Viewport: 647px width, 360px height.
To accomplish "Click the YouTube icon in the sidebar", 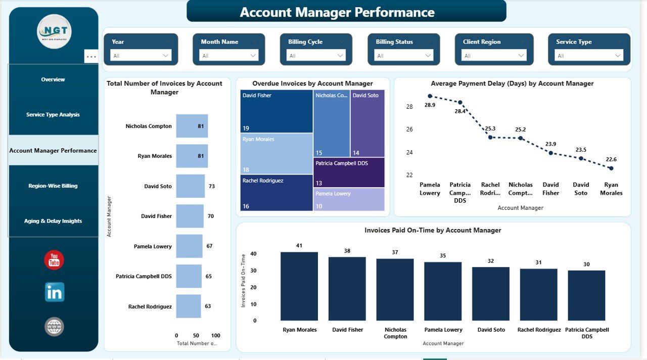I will (x=54, y=260).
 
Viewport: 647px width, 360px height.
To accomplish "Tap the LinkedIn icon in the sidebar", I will (x=54, y=292).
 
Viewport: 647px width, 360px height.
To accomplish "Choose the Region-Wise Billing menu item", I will (x=53, y=186).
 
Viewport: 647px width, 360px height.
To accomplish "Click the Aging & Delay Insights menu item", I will (x=53, y=221).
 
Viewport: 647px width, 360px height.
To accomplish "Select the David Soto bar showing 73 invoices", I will (x=190, y=186).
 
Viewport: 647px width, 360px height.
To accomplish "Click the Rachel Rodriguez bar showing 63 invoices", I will (x=188, y=306).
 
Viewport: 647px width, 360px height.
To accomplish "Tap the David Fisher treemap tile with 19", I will (x=276, y=111).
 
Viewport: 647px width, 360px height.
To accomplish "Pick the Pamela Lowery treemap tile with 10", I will (x=349, y=199).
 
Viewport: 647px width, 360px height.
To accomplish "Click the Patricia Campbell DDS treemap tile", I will (x=349, y=172).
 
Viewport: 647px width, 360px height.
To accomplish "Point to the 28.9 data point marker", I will (x=430, y=96).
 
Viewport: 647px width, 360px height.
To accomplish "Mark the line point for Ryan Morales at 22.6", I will (x=611, y=168).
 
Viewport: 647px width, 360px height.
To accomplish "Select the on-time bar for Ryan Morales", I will (x=299, y=286).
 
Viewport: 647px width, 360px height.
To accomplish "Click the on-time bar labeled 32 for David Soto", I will (x=491, y=294).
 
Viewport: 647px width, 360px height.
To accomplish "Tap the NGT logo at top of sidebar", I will (x=54, y=31).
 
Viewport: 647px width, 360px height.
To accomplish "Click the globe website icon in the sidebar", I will (x=54, y=327).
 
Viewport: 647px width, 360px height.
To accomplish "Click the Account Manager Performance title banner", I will (x=346, y=12).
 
